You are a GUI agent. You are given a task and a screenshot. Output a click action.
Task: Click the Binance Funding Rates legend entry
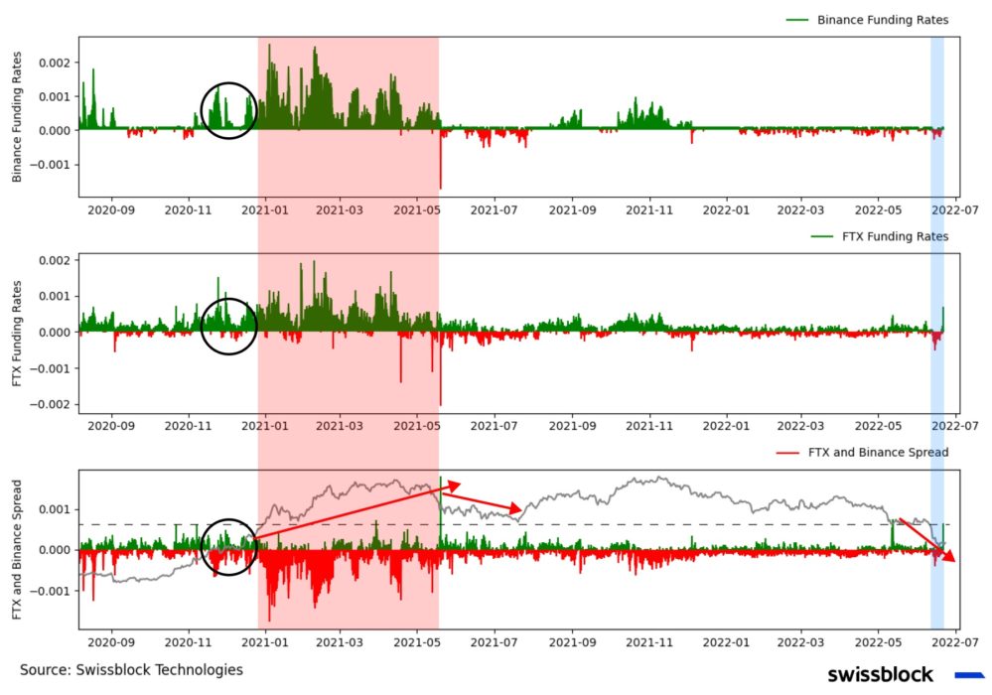click(882, 20)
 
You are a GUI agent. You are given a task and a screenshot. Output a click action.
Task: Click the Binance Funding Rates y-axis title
click(17, 115)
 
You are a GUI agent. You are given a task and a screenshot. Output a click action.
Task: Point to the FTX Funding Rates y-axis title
click(17, 332)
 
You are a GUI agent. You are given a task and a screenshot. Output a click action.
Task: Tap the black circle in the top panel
click(229, 110)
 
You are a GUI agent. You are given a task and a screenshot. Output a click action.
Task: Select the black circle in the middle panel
click(229, 327)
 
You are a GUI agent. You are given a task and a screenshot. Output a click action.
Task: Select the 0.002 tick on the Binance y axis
click(56, 63)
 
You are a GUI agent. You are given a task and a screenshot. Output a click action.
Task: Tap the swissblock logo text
click(880, 675)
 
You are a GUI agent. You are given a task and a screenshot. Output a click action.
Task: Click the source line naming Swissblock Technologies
click(131, 670)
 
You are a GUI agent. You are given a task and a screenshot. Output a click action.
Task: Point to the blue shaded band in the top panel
click(936, 116)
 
